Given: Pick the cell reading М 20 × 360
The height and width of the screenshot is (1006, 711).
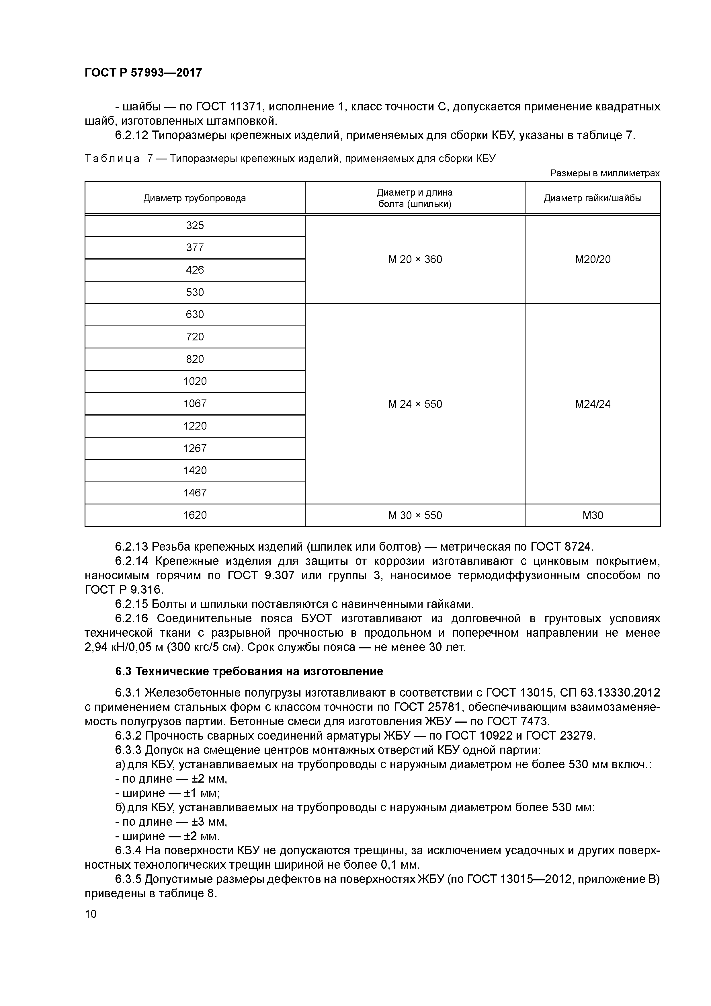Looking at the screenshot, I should point(415,260).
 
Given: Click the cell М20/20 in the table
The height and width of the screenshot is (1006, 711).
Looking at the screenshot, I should point(592,260).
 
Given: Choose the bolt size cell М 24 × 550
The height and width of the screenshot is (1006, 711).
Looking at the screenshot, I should point(415,404).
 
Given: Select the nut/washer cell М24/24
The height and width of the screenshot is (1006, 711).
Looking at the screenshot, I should point(592,404).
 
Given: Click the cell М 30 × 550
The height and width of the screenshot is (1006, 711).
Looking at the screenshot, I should point(415,515).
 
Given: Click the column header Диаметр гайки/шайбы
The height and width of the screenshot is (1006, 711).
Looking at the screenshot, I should point(592,198).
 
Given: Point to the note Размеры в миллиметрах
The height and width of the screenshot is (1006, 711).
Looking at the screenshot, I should point(605,173).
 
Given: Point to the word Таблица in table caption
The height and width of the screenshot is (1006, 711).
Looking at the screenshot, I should point(112,159).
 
